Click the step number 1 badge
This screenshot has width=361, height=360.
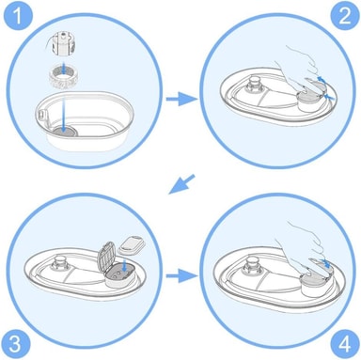(18, 16)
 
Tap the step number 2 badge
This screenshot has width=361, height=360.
(344, 16)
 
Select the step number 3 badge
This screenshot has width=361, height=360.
(15, 344)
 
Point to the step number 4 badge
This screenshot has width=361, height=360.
(345, 344)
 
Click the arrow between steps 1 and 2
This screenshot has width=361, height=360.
(181, 99)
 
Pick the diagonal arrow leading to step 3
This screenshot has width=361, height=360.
(181, 184)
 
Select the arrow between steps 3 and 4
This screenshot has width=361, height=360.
(181, 275)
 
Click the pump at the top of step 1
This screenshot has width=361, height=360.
(63, 43)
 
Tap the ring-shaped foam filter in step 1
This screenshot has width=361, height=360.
(63, 77)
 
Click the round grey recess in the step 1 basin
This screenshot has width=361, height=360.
(64, 132)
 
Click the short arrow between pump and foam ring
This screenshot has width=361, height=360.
(63, 69)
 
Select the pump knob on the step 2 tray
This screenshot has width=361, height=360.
(256, 85)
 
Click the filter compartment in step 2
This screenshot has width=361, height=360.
(309, 100)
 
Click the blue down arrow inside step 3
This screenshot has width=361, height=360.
(125, 264)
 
